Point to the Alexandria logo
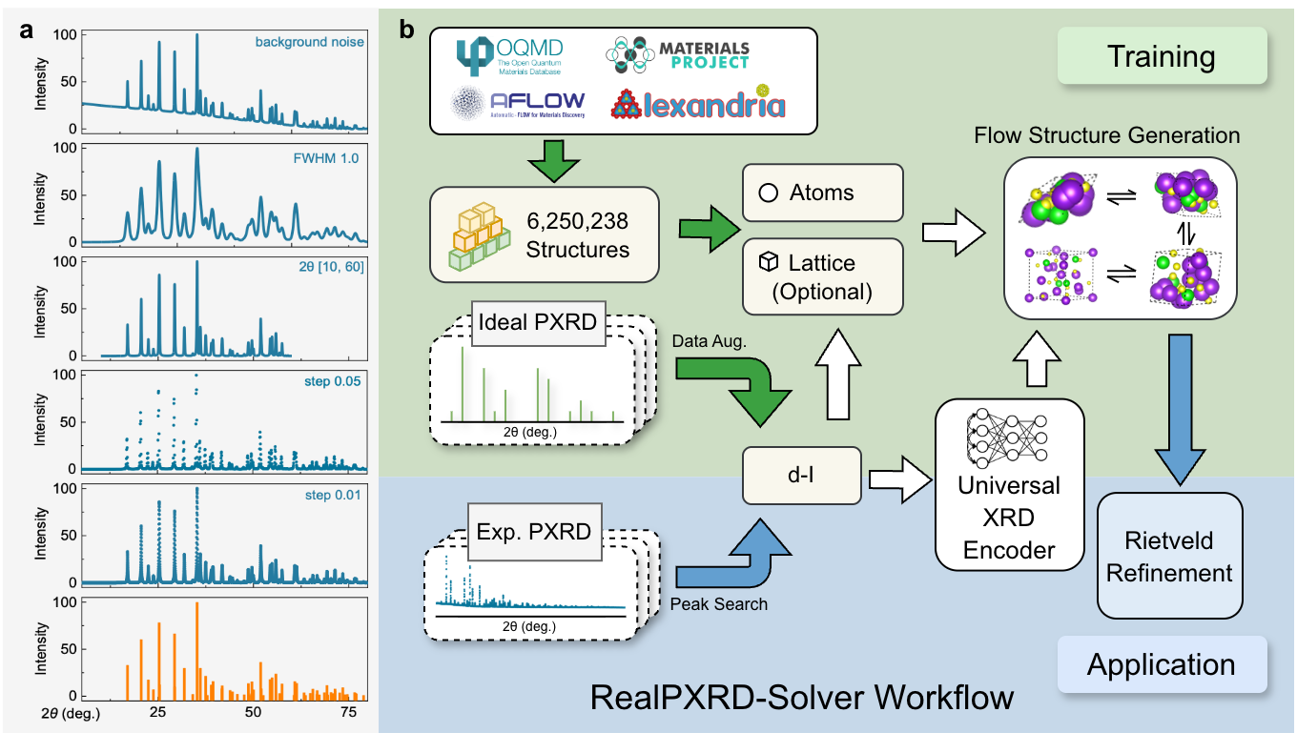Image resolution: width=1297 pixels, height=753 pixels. coord(699,102)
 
